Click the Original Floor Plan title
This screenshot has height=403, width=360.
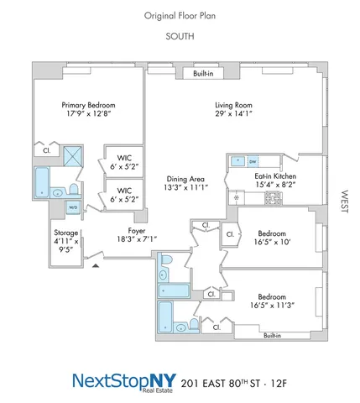pos(180,15)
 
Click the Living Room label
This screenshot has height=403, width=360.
pos(232,105)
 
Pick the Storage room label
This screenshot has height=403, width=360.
pos(65,233)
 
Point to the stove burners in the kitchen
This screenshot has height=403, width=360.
pos(273,198)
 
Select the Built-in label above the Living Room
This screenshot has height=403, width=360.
pos(203,74)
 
